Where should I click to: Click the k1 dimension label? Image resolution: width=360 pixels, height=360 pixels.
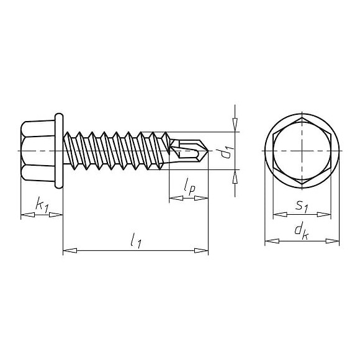[42, 203]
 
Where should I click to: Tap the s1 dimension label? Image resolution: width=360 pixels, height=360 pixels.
[302, 204]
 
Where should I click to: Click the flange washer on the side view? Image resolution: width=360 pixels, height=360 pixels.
[60, 151]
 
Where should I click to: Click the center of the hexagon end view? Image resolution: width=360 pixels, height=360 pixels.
[302, 151]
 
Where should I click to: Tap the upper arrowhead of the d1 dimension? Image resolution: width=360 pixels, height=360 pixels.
[235, 127]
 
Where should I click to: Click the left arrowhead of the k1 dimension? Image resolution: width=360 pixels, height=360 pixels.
[27, 215]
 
